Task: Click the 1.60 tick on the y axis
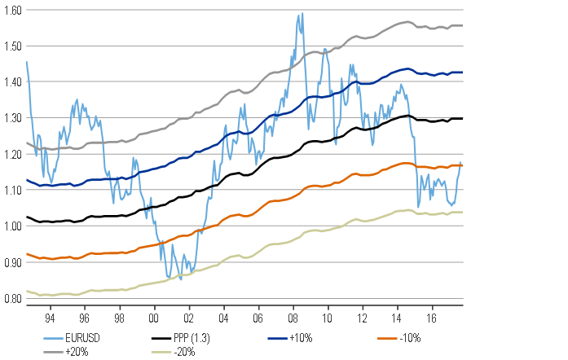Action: tap(12, 10)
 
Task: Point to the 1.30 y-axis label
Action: tap(12, 118)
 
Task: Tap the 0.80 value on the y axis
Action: tap(12, 298)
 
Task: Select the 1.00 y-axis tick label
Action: tap(12, 226)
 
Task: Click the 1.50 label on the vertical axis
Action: tap(12, 46)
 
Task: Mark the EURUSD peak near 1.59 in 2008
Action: tap(302, 14)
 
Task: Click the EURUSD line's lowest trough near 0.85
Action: tap(180, 279)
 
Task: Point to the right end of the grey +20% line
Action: tap(463, 25)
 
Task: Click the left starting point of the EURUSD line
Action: tap(27, 62)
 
